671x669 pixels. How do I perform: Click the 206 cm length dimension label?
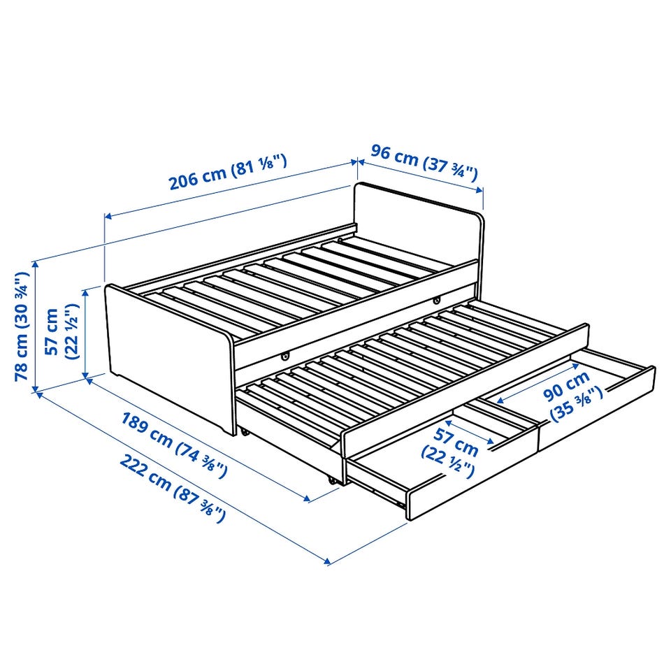click(228, 172)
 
